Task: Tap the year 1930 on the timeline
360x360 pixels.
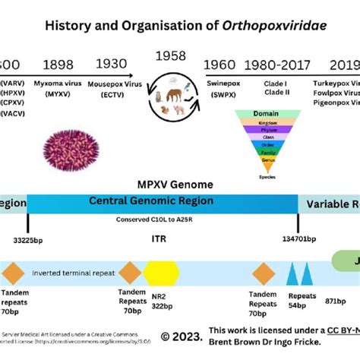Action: pyautogui.click(x=114, y=65)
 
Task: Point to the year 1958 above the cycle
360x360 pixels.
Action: pyautogui.click(x=170, y=57)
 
